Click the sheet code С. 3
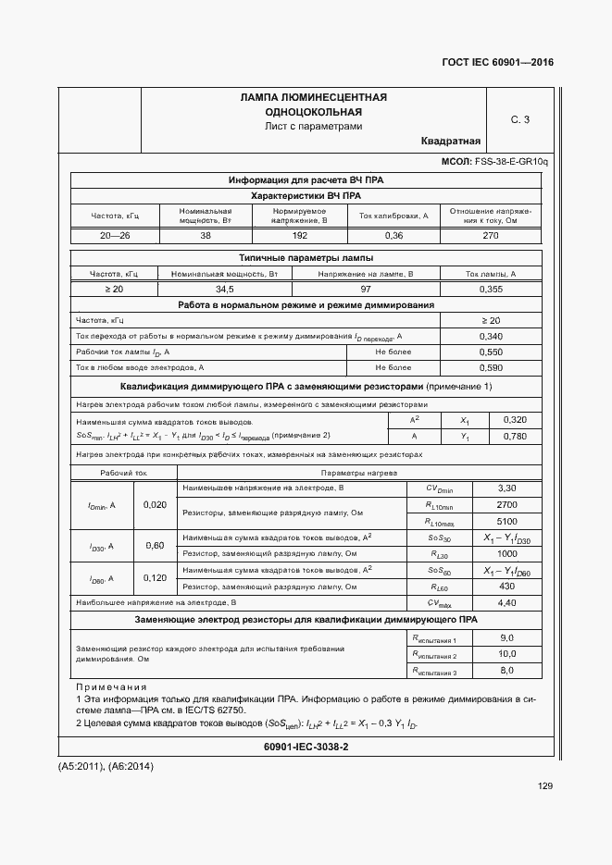coord(520,119)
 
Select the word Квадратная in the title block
coord(450,142)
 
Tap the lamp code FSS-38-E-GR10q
coord(511,162)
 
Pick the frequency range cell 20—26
coord(115,236)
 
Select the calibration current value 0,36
coord(393,236)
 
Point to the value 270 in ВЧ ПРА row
coord(490,236)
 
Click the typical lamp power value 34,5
coord(225,290)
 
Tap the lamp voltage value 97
coord(366,290)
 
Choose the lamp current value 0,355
coord(490,290)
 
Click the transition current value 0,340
coord(492,336)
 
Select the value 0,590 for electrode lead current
coord(492,368)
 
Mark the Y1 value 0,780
coord(515,436)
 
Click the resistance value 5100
coord(506,520)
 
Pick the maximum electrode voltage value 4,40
coord(506,602)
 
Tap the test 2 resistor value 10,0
coord(506,654)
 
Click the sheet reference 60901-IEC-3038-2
coord(306,747)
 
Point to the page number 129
coord(544,786)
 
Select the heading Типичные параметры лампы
coord(306,257)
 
